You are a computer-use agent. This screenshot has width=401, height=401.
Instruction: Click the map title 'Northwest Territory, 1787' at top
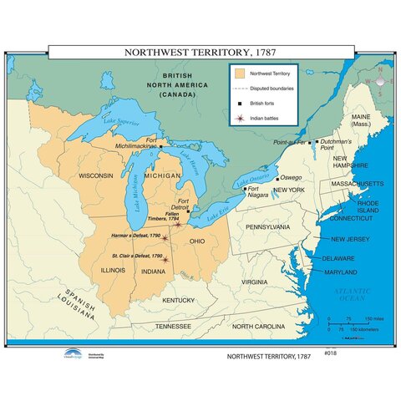(x=200, y=52)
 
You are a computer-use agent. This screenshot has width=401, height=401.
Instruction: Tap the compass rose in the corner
(x=378, y=82)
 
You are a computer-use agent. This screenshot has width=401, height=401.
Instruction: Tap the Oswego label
(x=290, y=178)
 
